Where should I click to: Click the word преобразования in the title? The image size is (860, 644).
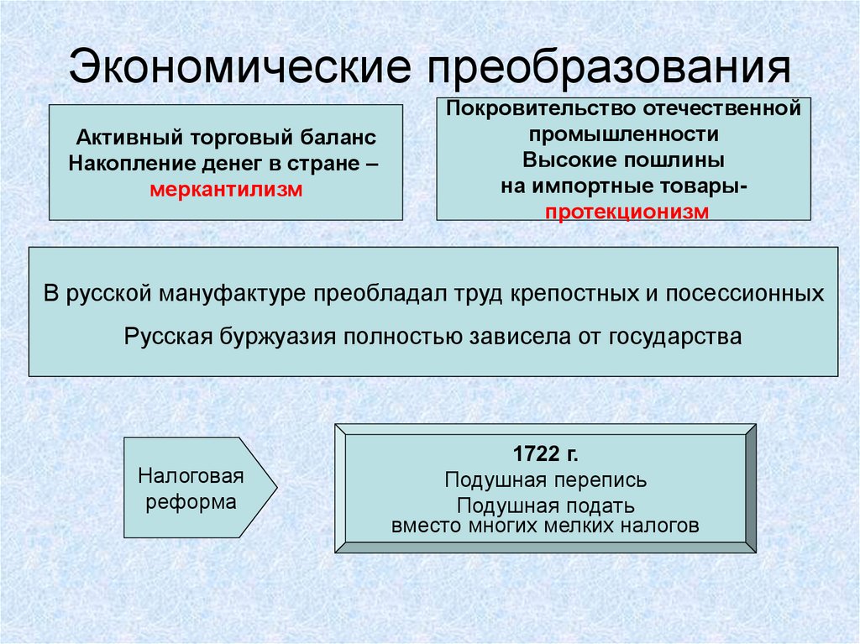tap(611, 68)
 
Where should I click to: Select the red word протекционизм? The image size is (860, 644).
tap(627, 211)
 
